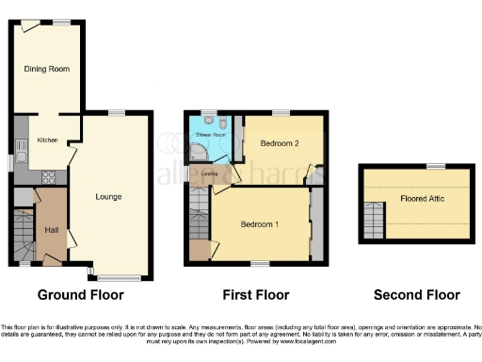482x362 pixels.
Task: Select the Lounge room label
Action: coord(109,197)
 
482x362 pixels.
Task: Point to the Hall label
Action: coord(50,229)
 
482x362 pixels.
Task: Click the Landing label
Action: coord(210,173)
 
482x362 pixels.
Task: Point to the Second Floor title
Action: coord(415,295)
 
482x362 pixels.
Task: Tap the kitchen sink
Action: coord(18,146)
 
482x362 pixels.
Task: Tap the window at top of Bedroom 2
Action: coord(279,112)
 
